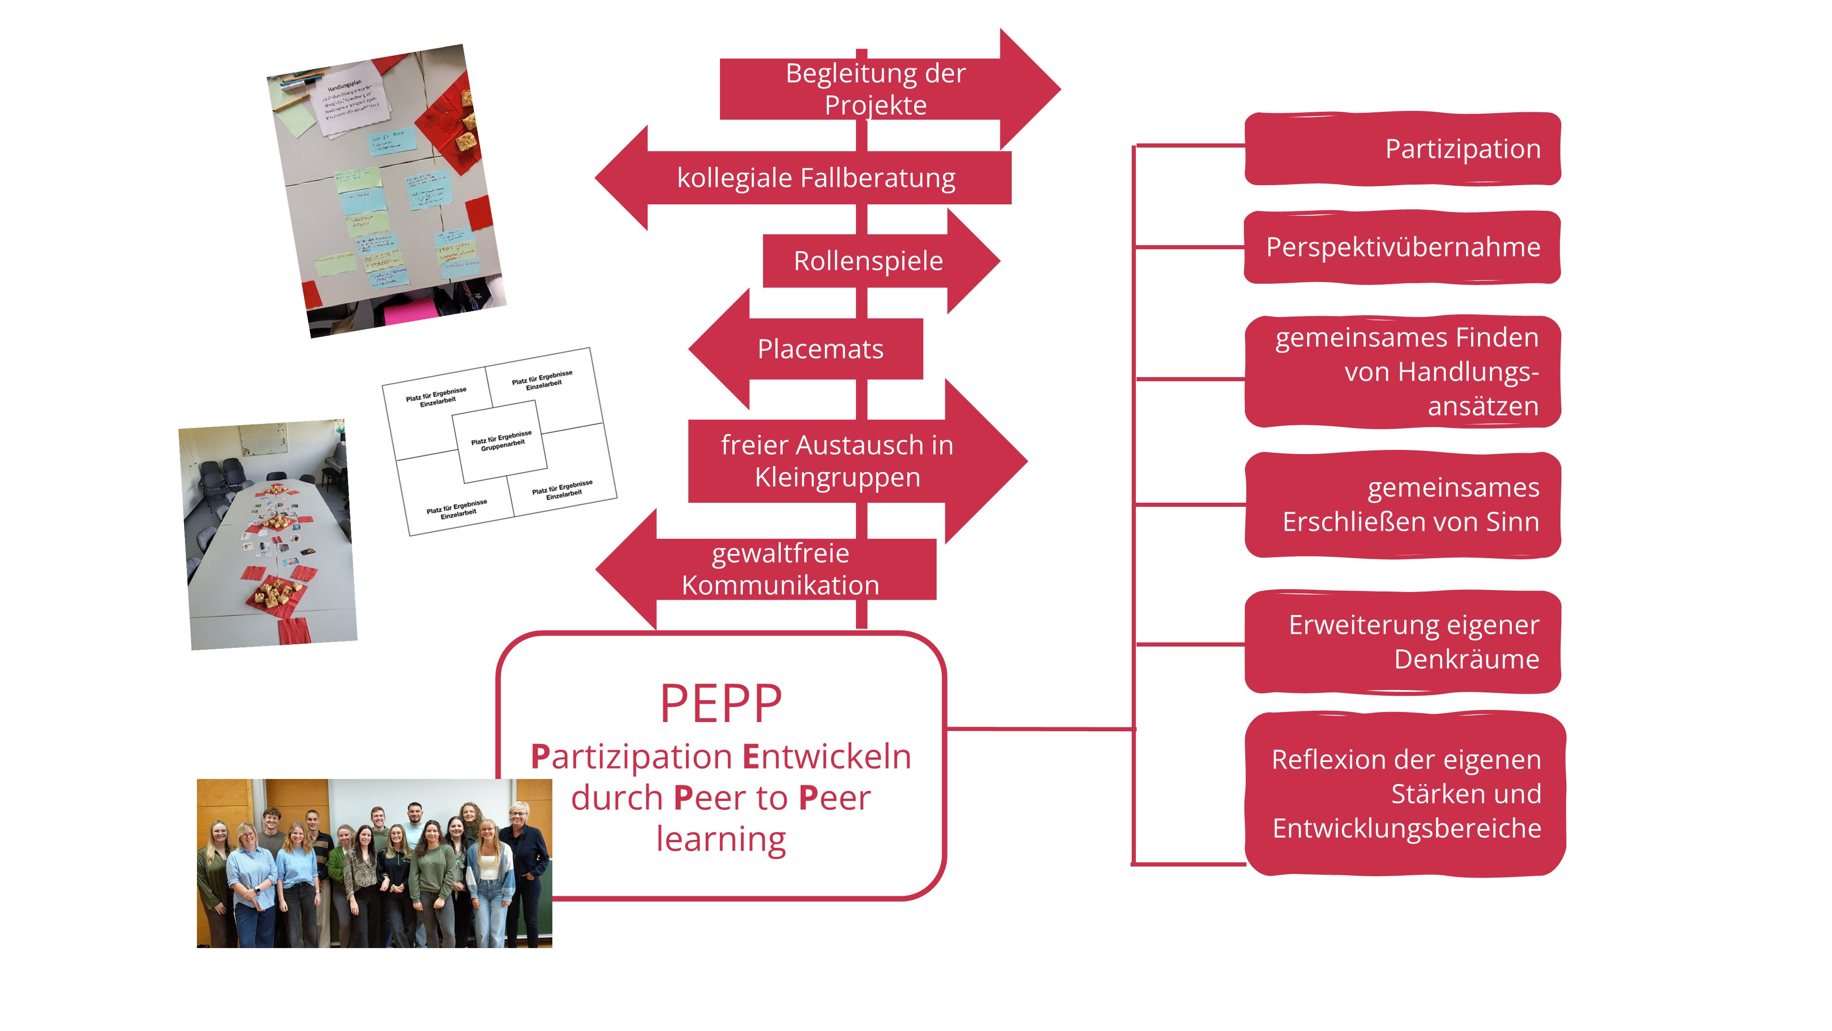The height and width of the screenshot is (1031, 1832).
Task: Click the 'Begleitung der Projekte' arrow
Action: pos(875,89)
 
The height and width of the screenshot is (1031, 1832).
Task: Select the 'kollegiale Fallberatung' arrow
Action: pos(816,178)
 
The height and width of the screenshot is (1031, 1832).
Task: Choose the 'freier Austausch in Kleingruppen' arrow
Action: pos(837,461)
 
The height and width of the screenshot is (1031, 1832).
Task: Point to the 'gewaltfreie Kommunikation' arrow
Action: pos(780,569)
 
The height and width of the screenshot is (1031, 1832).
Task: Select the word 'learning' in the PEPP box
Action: pos(720,839)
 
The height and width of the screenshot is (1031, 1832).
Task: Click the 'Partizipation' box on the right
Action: pos(1402,149)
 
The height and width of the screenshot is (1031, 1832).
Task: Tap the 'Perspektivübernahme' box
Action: pos(1402,247)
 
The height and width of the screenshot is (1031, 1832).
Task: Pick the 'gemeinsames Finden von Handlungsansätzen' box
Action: pos(1402,372)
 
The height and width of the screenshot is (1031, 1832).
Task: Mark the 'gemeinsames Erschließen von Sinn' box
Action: pos(1402,505)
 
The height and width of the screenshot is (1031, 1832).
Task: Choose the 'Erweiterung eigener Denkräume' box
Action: pos(1402,642)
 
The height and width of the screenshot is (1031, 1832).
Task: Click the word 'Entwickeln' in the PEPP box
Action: pos(826,757)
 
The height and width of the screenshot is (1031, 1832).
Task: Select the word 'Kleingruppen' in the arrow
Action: pos(837,477)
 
